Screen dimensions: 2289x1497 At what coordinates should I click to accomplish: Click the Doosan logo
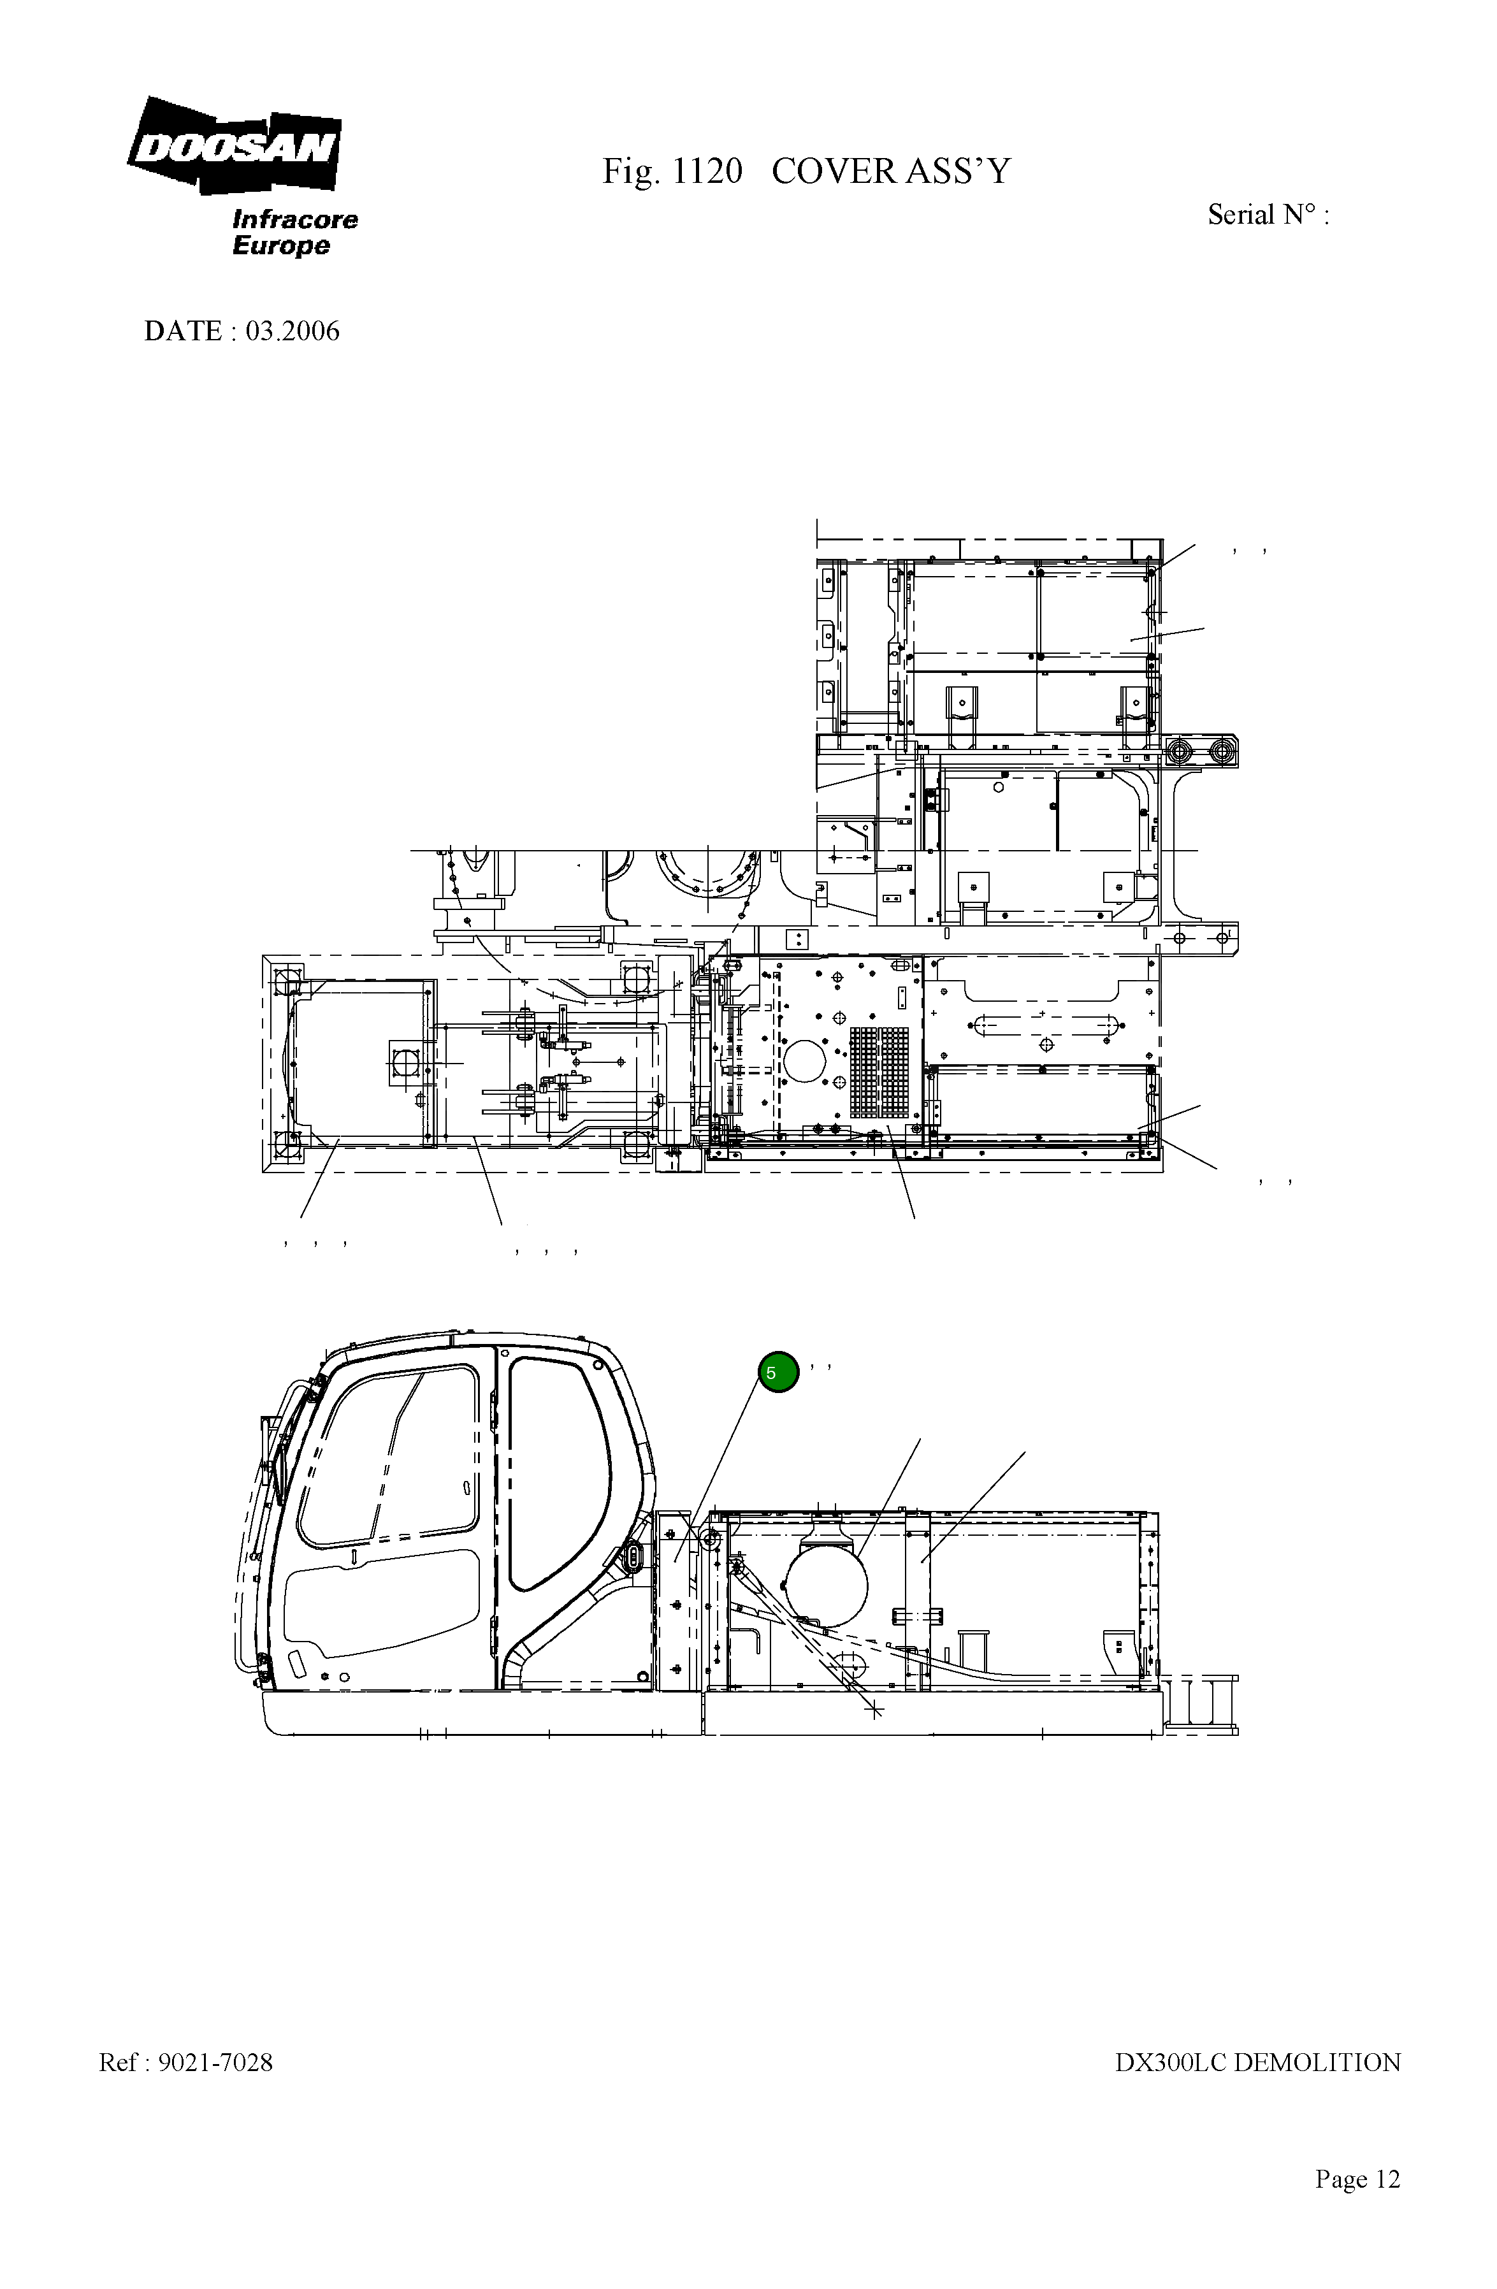pyautogui.click(x=234, y=146)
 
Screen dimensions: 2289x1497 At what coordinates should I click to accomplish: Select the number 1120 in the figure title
pyautogui.click(x=707, y=171)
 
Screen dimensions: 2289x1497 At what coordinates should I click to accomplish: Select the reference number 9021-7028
pyautogui.click(x=215, y=2062)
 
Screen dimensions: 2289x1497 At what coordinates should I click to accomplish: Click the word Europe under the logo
pyautogui.click(x=281, y=245)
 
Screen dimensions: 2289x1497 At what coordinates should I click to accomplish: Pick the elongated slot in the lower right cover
pyautogui.click(x=1046, y=1025)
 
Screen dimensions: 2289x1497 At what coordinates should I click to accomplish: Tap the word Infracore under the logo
pyautogui.click(x=294, y=219)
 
